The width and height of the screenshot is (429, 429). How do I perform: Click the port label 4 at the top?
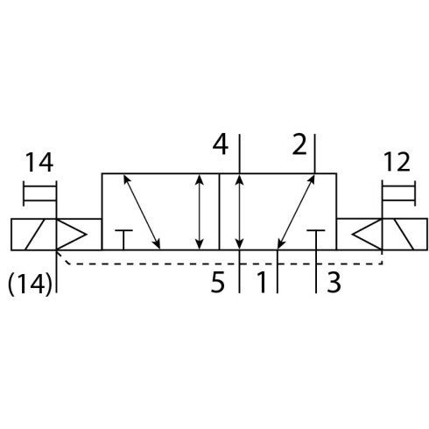[x=220, y=144]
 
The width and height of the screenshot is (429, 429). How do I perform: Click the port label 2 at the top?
[x=299, y=144]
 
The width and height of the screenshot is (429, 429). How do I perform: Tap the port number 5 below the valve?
[x=218, y=282]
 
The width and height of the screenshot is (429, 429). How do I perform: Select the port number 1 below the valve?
[x=262, y=282]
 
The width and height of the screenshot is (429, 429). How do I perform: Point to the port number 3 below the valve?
[x=334, y=282]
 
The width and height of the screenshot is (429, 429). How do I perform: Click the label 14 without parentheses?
[x=39, y=163]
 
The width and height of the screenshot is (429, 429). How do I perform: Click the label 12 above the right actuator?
[x=397, y=162]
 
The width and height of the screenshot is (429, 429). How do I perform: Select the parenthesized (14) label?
[x=30, y=285]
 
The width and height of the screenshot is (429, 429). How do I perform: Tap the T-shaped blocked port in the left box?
[x=123, y=240]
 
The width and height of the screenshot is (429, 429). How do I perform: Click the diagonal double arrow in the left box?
[x=142, y=212]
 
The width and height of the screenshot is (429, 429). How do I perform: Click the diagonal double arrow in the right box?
[x=296, y=212]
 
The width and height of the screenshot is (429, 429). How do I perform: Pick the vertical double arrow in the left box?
[x=200, y=212]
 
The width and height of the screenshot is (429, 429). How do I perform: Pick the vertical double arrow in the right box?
[x=239, y=212]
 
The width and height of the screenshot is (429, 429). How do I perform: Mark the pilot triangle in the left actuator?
[x=71, y=234]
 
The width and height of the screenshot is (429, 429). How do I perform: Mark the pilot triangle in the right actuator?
[x=367, y=234]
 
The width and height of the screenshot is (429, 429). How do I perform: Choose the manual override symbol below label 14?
[x=39, y=193]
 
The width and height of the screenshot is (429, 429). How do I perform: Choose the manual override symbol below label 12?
[x=398, y=193]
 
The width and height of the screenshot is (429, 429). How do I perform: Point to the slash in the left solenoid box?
[x=35, y=234]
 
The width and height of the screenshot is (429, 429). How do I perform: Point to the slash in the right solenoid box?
[x=404, y=234]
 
